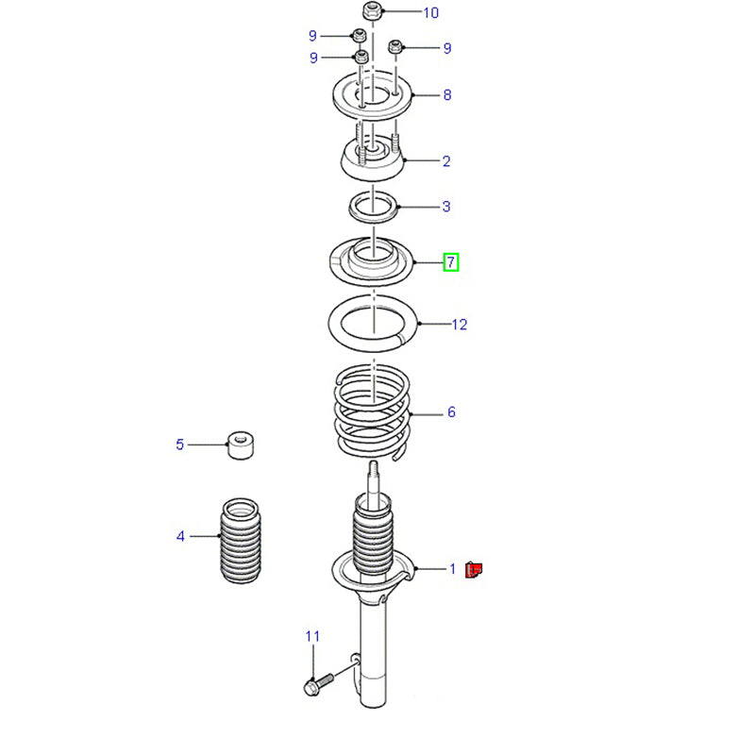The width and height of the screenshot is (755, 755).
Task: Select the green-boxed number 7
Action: pos(451,261)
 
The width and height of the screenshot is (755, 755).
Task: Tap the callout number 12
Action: pos(459,325)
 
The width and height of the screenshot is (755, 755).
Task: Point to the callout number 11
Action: pos(312,637)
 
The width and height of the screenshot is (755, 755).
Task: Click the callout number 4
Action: pos(180,537)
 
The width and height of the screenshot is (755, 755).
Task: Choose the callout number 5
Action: pos(179,444)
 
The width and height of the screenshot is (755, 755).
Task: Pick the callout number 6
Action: pos(451,412)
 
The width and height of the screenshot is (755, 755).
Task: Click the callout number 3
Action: pos(446,207)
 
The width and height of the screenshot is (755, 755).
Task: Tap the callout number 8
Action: pos(446,95)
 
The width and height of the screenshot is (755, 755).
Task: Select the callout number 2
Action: pos(446,161)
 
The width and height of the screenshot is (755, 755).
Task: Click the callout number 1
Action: pos(452,569)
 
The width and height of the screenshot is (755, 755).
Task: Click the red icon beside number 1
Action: pos(474,569)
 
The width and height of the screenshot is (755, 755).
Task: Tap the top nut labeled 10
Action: pos(371,12)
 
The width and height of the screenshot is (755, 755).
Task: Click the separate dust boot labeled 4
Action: pos(236,541)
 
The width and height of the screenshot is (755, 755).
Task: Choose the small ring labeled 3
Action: pos(374,205)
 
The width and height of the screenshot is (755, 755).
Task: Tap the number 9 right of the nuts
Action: pos(447,48)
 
